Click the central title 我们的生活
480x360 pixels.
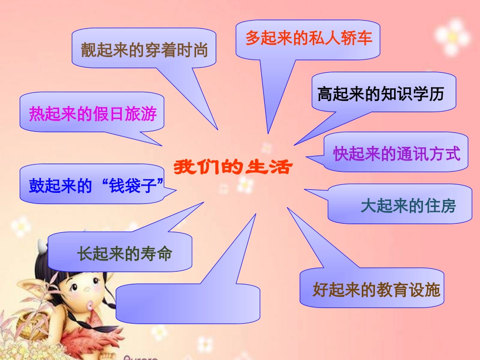coord(233,167)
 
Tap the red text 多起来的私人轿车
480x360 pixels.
coord(309,38)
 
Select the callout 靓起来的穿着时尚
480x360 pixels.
coord(145,49)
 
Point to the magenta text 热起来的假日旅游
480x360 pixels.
coord(93,114)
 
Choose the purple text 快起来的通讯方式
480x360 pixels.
coord(397,153)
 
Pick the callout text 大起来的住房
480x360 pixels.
coord(408,205)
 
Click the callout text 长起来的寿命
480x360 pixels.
coord(125,252)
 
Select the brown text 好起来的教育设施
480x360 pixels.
coord(376,289)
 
